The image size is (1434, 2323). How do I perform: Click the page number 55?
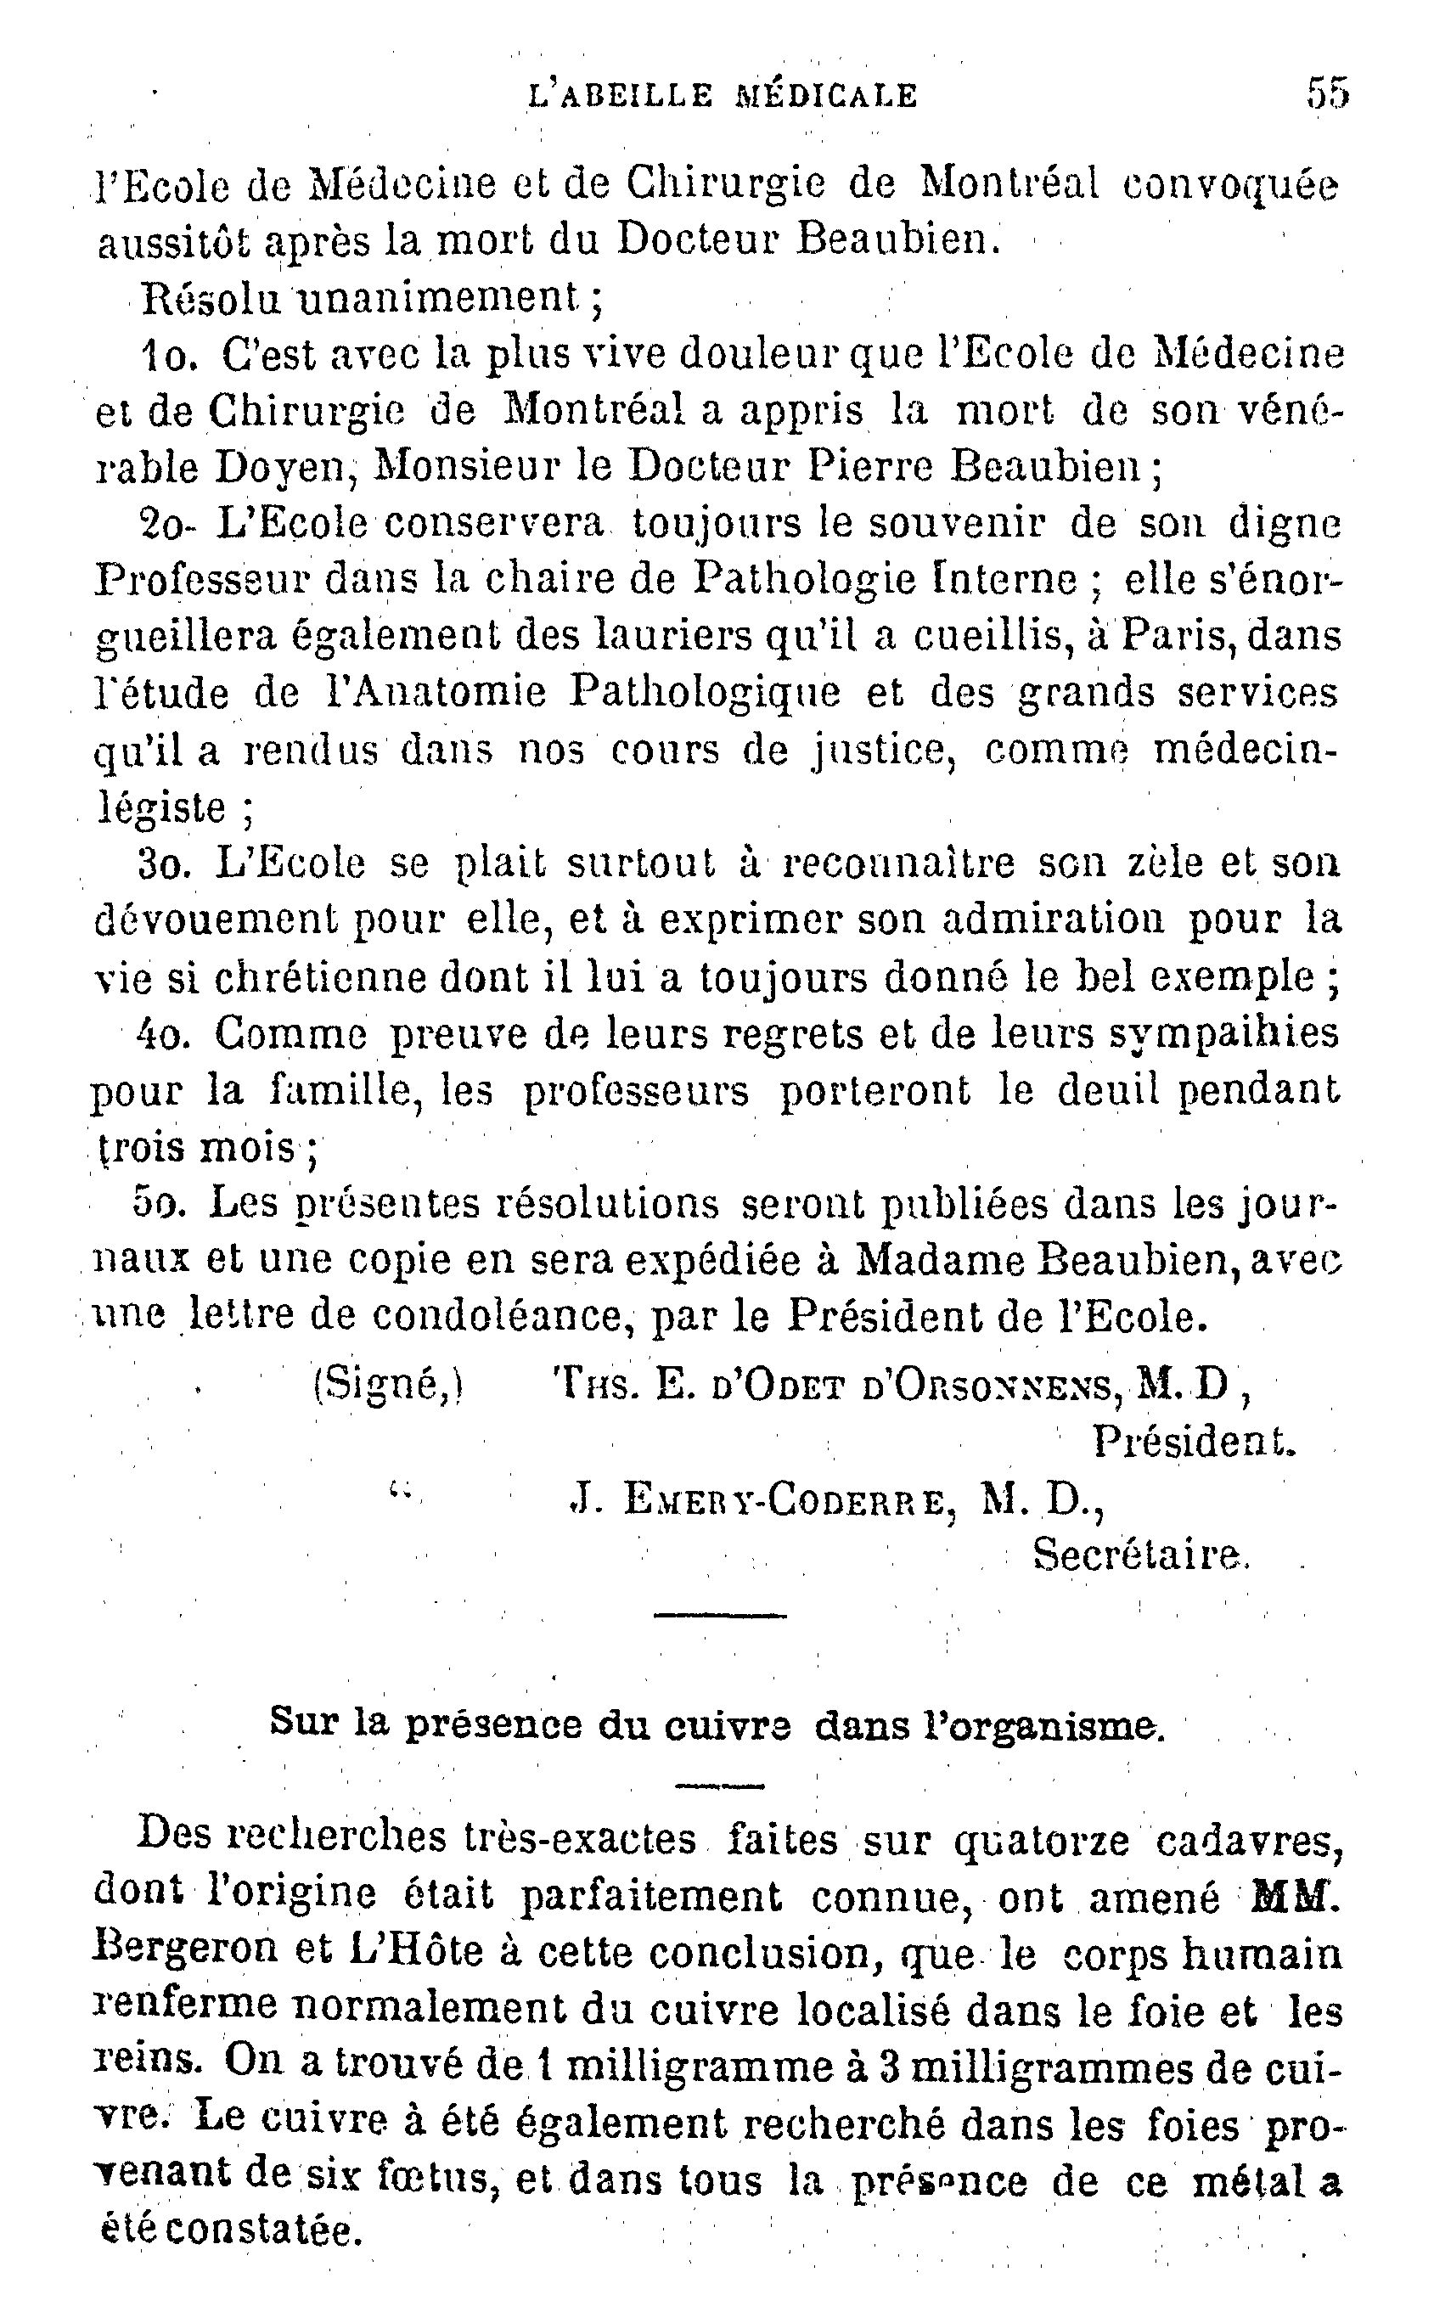tap(1327, 94)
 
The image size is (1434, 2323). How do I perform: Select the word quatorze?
tap(1042, 1842)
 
